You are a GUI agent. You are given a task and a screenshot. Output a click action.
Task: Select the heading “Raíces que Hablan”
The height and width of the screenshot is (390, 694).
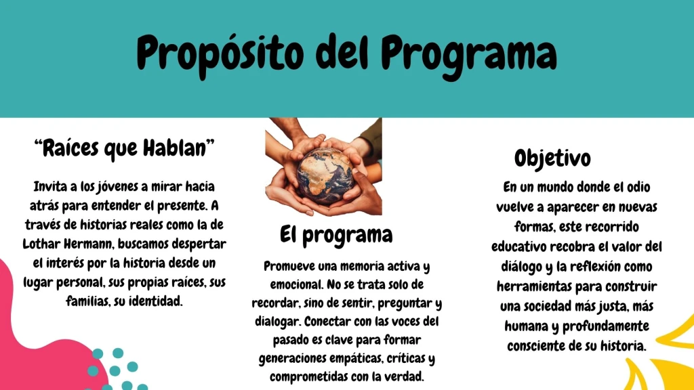click(x=125, y=148)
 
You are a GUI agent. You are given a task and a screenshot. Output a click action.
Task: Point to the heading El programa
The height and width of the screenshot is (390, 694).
click(x=336, y=235)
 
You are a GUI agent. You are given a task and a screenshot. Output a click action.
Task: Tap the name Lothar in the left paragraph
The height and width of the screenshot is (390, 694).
click(x=42, y=244)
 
